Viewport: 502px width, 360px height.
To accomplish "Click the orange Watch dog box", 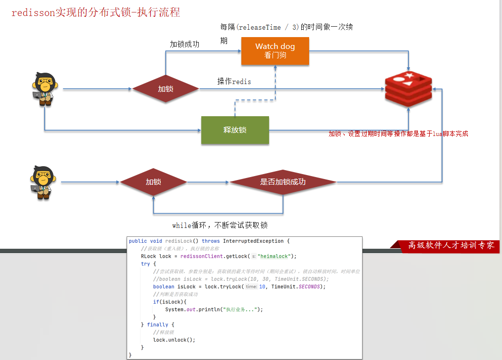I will pyautogui.click(x=275, y=51).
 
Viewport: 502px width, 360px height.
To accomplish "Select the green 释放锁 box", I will pyautogui.click(x=235, y=130).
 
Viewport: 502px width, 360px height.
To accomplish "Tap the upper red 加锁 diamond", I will pyautogui.click(x=165, y=89).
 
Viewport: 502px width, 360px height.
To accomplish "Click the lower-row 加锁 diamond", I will pyautogui.click(x=153, y=182).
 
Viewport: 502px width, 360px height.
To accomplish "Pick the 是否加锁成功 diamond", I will pyautogui.click(x=283, y=182).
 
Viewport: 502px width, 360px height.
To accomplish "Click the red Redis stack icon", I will pyautogui.click(x=409, y=89).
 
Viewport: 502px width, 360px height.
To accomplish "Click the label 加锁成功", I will pyautogui.click(x=184, y=44).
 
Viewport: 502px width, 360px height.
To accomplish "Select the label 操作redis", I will pyautogui.click(x=234, y=82).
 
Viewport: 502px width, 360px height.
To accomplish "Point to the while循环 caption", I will pyautogui.click(x=220, y=225).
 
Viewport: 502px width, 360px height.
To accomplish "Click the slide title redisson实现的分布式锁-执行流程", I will pyautogui.click(x=95, y=13).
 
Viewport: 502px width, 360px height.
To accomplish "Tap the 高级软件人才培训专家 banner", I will pyautogui.click(x=451, y=245).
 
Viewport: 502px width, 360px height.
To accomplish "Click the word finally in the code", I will pyautogui.click(x=157, y=325).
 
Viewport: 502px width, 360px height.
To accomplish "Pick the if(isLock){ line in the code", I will pyautogui.click(x=169, y=302).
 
